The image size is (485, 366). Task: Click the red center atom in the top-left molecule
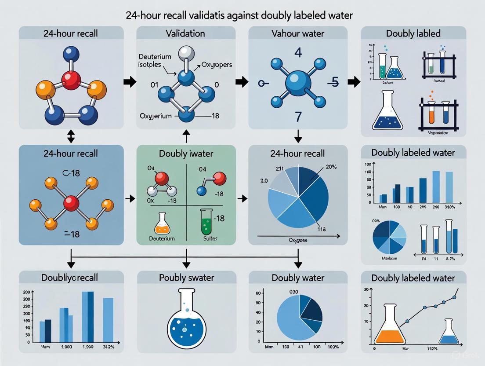(x=71, y=81)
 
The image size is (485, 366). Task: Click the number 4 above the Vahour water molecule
(x=298, y=53)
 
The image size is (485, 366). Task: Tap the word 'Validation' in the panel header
(x=186, y=33)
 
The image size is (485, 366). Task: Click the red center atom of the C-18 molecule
(x=71, y=203)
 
